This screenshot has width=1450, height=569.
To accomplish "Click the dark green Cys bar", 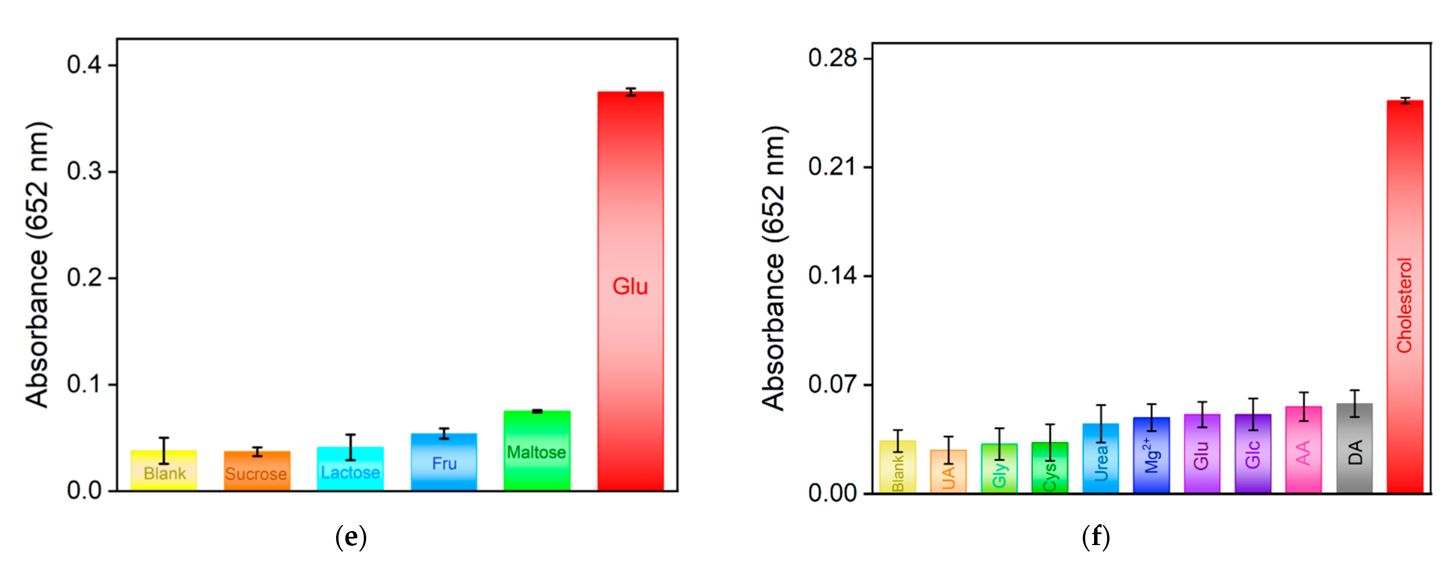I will click(1050, 467).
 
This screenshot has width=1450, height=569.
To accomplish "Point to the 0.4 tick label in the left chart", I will click(84, 65).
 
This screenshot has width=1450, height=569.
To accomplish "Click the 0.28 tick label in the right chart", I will click(832, 58).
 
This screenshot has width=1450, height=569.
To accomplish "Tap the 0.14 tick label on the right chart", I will click(832, 276).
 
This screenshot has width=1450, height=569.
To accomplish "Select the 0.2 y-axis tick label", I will click(84, 278).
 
